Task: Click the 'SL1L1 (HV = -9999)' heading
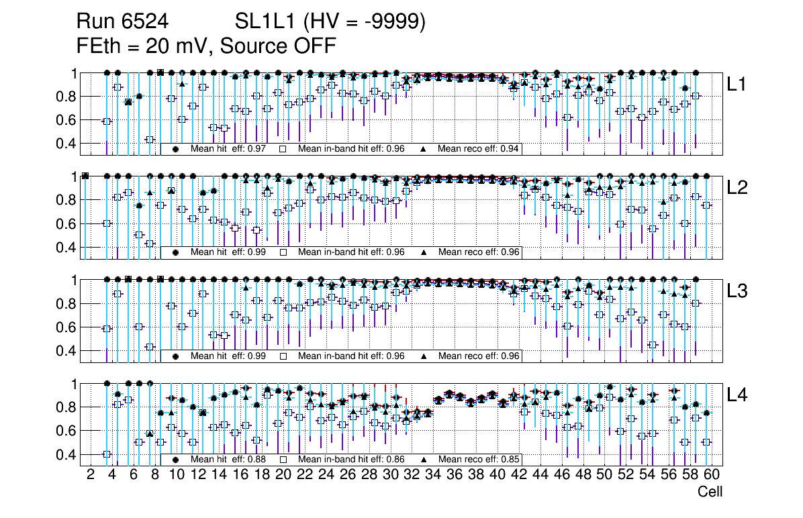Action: coord(330,23)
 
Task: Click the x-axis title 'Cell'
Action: coord(710,492)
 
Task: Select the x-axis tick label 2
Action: coord(91,475)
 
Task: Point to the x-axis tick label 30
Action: coord(390,475)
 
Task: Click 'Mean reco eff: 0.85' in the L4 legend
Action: coord(479,460)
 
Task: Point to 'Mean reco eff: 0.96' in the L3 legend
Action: coord(479,356)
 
